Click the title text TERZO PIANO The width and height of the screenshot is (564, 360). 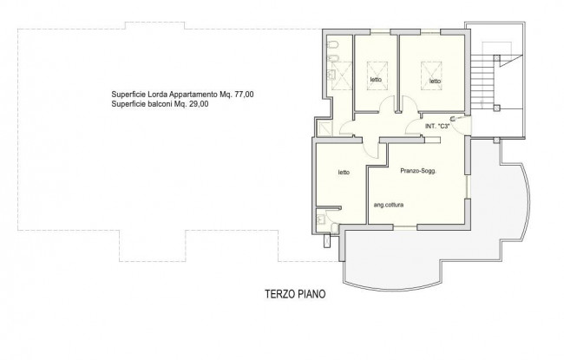295,294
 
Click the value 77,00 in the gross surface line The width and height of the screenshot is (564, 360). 244,95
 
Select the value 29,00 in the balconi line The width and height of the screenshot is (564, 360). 199,104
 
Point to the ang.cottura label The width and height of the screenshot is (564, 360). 389,205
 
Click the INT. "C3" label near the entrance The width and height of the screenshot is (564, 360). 437,127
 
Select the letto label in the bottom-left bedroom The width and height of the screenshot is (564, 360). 344,173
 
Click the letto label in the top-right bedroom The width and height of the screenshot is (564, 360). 436,82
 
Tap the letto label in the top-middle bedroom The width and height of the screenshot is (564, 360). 377,80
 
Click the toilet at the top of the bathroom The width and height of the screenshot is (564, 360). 332,45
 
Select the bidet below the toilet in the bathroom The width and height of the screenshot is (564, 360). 332,59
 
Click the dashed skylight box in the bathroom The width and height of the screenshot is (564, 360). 341,75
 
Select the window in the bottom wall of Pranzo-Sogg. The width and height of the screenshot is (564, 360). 405,226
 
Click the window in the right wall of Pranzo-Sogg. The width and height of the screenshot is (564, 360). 467,187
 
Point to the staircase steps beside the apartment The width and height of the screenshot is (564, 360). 484,82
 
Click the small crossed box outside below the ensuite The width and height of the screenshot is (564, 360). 327,240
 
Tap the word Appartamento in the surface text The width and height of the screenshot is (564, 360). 193,95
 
